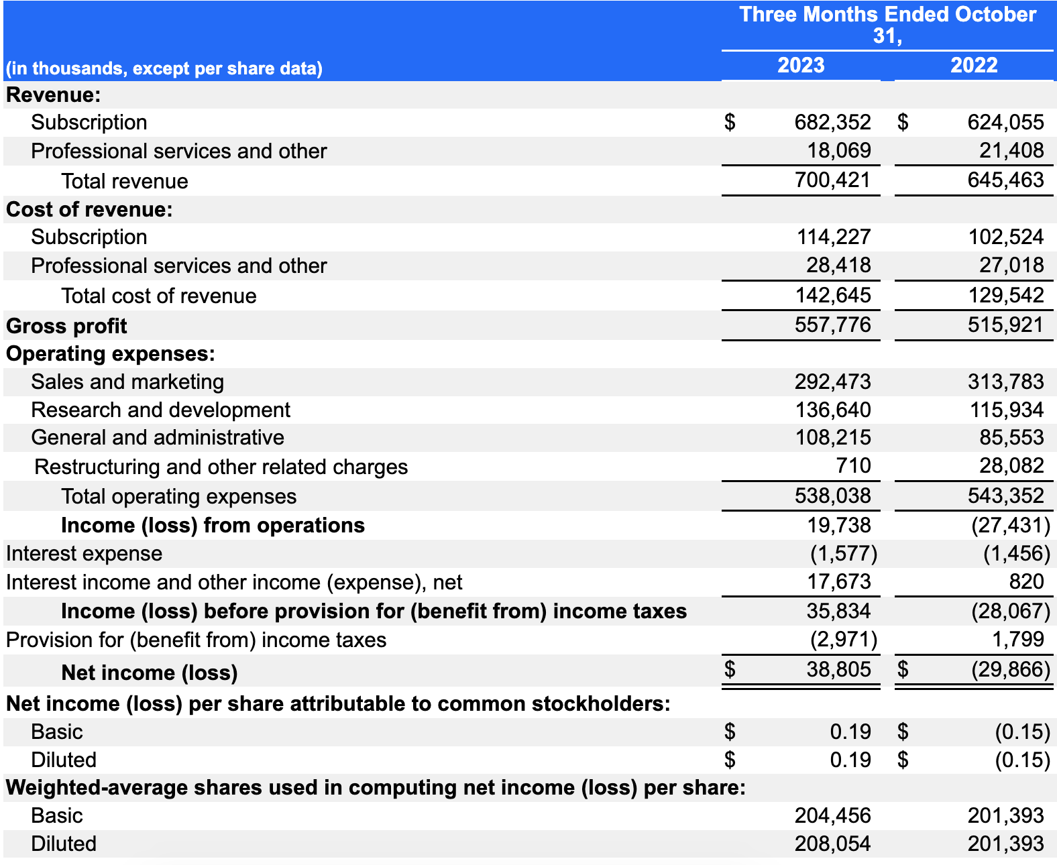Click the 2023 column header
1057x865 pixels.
801,65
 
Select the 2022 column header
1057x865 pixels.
974,65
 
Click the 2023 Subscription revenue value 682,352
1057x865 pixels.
832,122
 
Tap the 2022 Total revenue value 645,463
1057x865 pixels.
1005,180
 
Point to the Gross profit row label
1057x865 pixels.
66,326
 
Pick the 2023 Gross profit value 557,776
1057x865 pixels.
832,325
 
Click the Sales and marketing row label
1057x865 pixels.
127,382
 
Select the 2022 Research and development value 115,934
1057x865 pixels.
1006,410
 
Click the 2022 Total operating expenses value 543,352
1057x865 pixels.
1005,496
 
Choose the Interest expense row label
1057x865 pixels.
84,553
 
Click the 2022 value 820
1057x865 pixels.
1026,581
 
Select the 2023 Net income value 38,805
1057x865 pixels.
838,669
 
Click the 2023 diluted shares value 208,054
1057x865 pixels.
832,844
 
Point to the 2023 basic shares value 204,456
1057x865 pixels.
832,815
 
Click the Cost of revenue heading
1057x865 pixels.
89,209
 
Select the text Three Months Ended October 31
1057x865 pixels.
887,24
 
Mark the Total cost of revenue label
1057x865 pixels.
158,296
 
